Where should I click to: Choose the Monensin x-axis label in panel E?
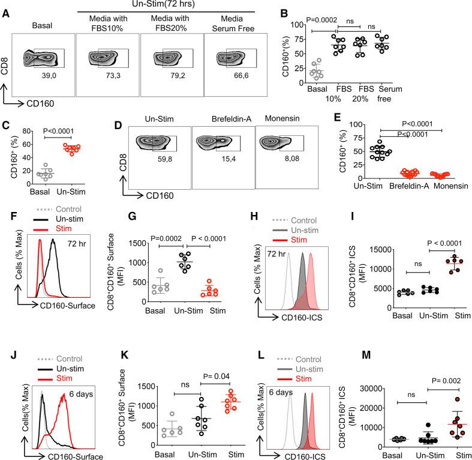434,187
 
